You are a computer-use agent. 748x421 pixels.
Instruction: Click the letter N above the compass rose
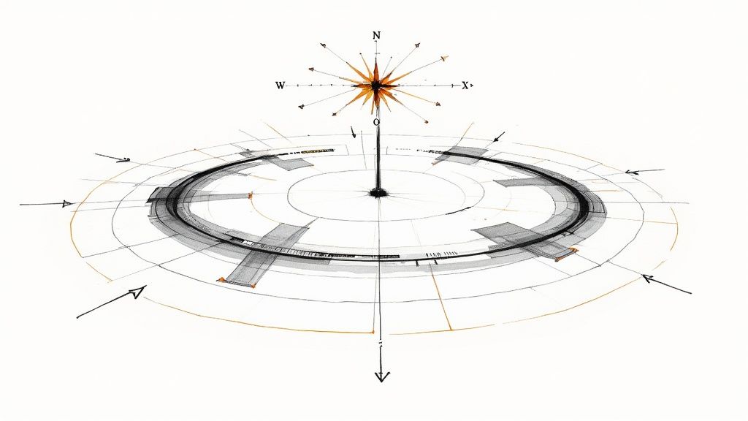tap(376, 35)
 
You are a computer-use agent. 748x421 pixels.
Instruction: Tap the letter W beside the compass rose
tap(280, 86)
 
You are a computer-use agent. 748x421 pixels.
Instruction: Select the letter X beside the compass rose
tap(465, 86)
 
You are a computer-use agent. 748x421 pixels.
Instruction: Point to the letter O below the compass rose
tap(376, 122)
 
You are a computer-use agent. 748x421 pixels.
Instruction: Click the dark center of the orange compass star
tap(376, 86)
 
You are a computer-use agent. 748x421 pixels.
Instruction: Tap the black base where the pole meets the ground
tap(378, 193)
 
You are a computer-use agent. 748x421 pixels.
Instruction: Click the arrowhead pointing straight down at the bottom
tap(381, 376)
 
